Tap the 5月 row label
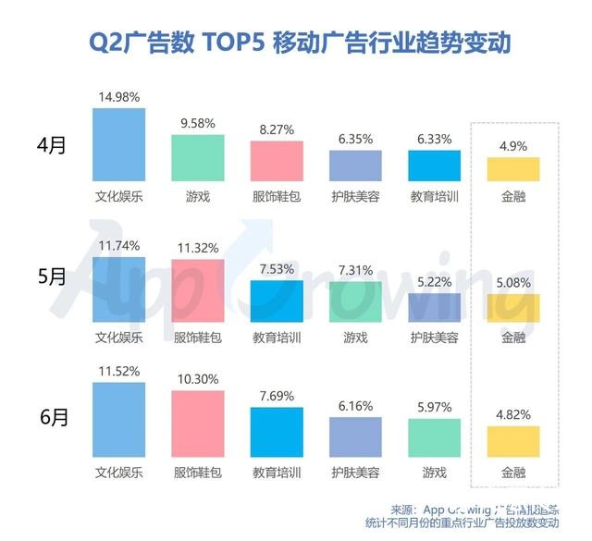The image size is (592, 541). [51, 277]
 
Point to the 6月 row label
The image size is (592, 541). [51, 416]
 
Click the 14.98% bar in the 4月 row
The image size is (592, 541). [118, 144]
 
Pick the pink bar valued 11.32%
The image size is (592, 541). [197, 289]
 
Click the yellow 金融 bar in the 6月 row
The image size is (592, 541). [513, 441]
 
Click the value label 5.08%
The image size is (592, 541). [513, 283]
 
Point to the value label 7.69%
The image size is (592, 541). [277, 393]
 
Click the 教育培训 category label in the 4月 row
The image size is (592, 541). [435, 196]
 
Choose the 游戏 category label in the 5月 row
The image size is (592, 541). [355, 337]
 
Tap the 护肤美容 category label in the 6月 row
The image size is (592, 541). [355, 472]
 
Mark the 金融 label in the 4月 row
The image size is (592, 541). [513, 196]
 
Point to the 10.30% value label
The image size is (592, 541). [197, 379]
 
